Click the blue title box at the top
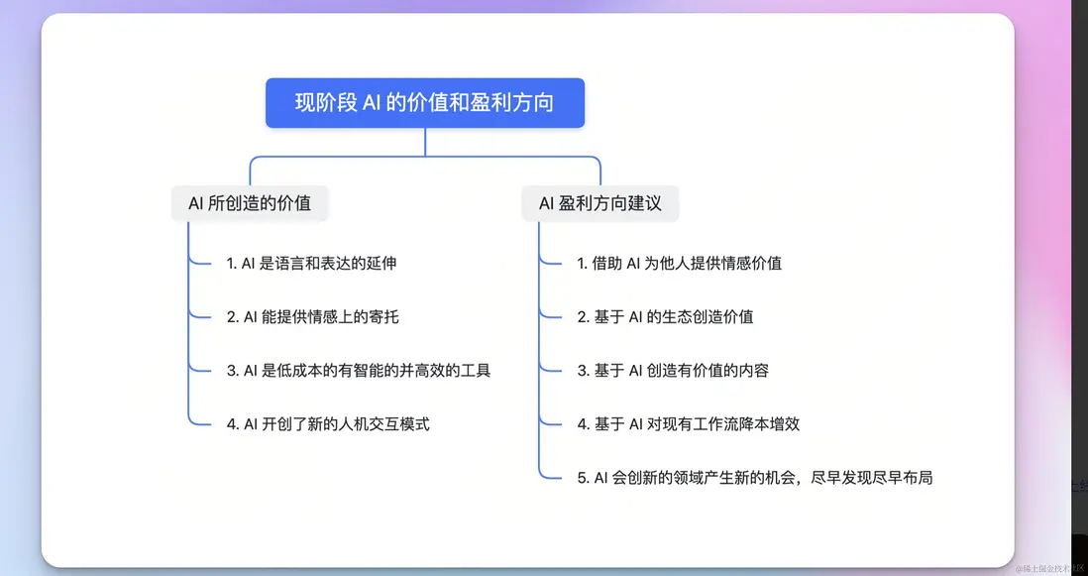(x=425, y=103)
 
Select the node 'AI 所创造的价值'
(x=250, y=203)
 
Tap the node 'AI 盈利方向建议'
(x=600, y=203)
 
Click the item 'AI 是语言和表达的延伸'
(x=311, y=263)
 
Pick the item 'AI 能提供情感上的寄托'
(x=313, y=317)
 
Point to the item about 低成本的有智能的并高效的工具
(x=359, y=371)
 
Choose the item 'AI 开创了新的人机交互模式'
(x=328, y=424)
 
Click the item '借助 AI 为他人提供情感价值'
(x=680, y=263)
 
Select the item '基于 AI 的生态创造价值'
(x=666, y=317)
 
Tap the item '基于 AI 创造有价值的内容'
(x=673, y=371)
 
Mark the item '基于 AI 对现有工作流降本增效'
(x=689, y=424)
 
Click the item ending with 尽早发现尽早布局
(x=755, y=478)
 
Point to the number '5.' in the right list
(x=583, y=478)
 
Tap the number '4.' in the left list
(x=233, y=424)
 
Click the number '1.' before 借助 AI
(x=583, y=264)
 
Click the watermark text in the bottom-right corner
(x=1049, y=568)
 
